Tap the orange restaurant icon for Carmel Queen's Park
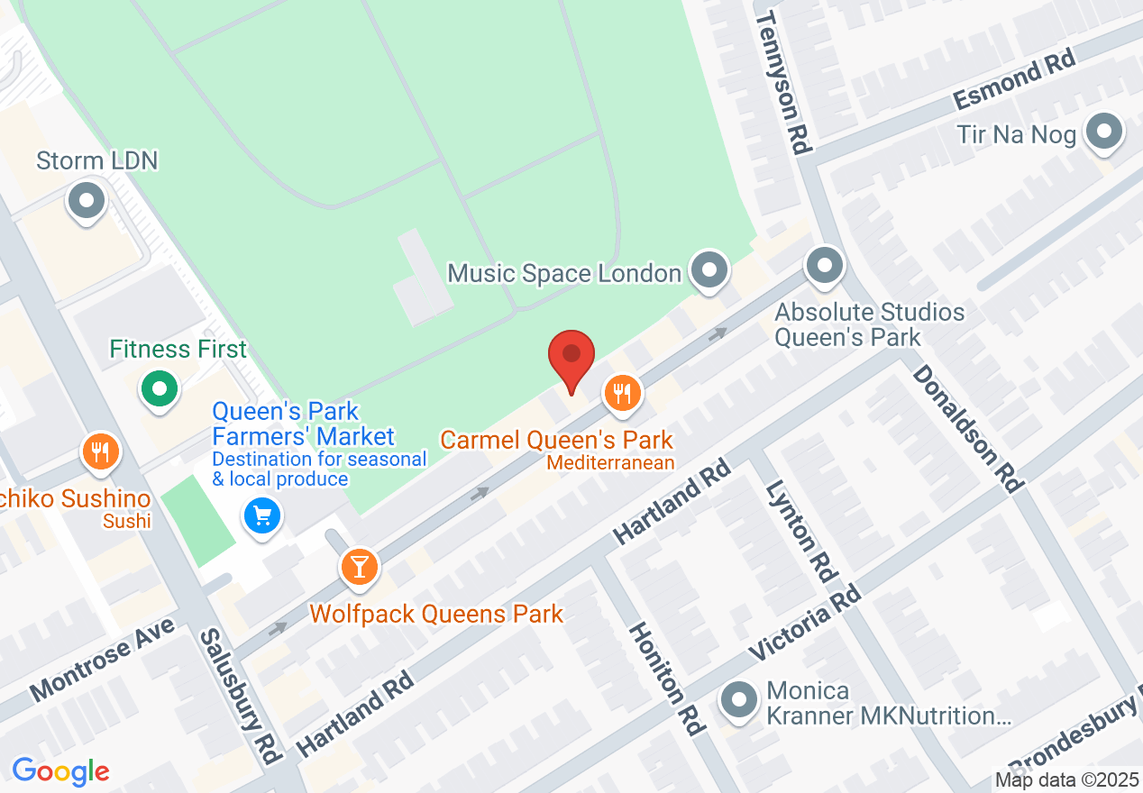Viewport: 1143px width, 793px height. pyautogui.click(x=621, y=394)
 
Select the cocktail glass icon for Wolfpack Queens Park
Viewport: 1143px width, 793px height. pyautogui.click(x=360, y=568)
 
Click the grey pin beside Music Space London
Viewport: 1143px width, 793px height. pyautogui.click(x=709, y=269)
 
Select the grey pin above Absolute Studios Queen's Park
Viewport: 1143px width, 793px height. pyautogui.click(x=824, y=267)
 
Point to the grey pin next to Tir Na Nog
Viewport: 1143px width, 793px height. pyautogui.click(x=1104, y=132)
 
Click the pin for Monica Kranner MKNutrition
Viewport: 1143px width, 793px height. pyautogui.click(x=740, y=701)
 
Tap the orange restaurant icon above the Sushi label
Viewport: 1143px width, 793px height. pyautogui.click(x=101, y=452)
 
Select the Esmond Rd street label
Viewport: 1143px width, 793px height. pyautogui.click(x=1015, y=81)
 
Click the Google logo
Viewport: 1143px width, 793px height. pyautogui.click(x=60, y=771)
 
